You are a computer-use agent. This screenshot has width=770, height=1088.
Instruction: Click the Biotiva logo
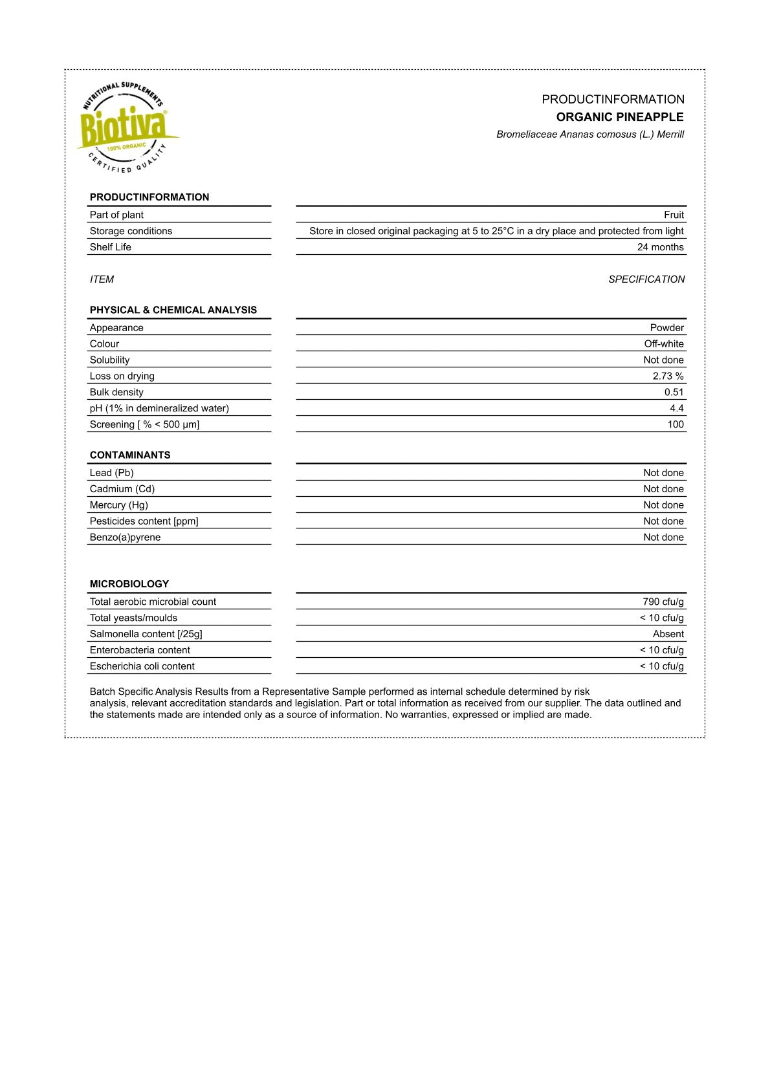coord(127,128)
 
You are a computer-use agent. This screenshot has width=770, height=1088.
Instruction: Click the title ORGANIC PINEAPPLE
coord(619,117)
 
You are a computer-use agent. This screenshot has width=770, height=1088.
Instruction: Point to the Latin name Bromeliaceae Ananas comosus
coord(589,135)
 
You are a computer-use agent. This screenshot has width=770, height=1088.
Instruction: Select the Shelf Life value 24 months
coord(660,247)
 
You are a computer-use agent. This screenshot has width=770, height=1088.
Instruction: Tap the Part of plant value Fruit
coord(674,215)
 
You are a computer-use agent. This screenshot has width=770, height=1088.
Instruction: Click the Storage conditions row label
coord(131,231)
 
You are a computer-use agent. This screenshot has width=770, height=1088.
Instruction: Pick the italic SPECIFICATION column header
coord(646,279)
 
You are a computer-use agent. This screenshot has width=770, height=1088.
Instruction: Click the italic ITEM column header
coord(102,279)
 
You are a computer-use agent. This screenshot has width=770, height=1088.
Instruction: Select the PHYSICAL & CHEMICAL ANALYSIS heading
coord(173,310)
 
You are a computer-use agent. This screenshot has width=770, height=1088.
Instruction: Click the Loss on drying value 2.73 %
coord(668,376)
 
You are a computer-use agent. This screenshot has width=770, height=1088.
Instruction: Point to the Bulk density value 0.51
coord(674,392)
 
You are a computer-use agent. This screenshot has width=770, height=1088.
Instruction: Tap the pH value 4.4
coord(676,408)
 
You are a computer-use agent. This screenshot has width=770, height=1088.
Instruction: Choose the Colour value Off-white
coord(663,344)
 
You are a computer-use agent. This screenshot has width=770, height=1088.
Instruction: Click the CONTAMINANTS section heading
coord(130,455)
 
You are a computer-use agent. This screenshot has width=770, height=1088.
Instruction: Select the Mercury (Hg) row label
coord(118,505)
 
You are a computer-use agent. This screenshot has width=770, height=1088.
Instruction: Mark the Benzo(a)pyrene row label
coord(125,538)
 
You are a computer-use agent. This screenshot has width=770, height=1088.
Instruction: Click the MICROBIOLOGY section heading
coord(129,583)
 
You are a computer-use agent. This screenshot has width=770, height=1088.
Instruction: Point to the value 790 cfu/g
coord(663,602)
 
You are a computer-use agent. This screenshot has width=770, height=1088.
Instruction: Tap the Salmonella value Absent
coord(668,634)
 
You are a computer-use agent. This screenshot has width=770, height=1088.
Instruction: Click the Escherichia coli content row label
coord(142,666)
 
